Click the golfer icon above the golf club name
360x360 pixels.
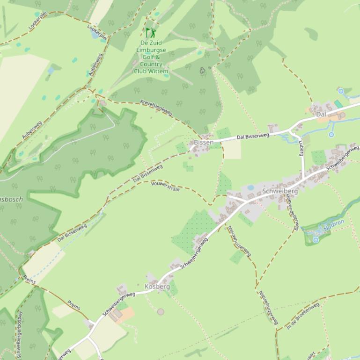point(150,33)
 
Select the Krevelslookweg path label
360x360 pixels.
point(156,108)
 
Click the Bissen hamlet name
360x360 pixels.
point(204,142)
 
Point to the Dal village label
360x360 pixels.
point(321,114)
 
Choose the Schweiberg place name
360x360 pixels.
point(280,191)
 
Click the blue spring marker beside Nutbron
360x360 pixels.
point(316,240)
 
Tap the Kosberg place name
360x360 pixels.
point(157,286)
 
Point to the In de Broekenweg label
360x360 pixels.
point(303,316)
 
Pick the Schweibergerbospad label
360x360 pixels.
point(19,334)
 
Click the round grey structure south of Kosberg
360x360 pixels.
point(161,311)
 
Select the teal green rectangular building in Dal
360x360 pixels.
point(338,104)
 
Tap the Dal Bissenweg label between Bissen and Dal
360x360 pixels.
point(253,136)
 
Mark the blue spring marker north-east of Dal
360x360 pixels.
point(341,91)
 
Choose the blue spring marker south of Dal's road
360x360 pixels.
point(331,135)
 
